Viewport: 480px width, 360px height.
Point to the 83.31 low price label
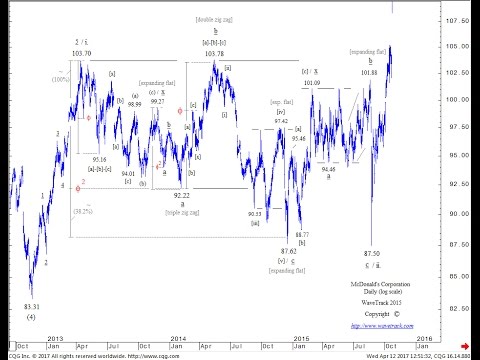32,306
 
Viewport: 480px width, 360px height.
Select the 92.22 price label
181,195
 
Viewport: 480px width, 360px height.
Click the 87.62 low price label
288,251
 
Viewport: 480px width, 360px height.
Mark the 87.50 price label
372,254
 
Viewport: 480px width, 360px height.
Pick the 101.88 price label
369,72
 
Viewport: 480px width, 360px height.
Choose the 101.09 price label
312,83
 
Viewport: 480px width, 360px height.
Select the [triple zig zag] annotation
181,213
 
